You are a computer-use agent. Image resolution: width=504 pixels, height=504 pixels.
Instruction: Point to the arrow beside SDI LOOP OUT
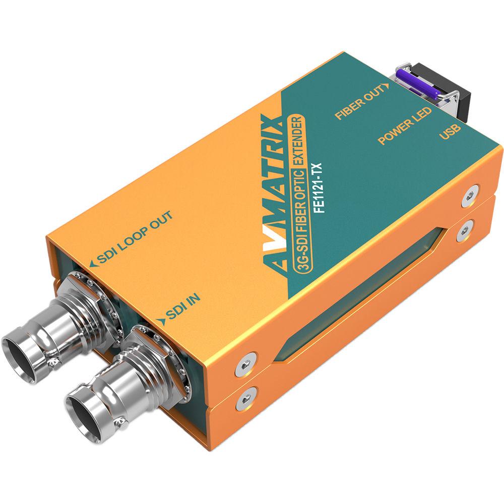coord(91,264)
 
